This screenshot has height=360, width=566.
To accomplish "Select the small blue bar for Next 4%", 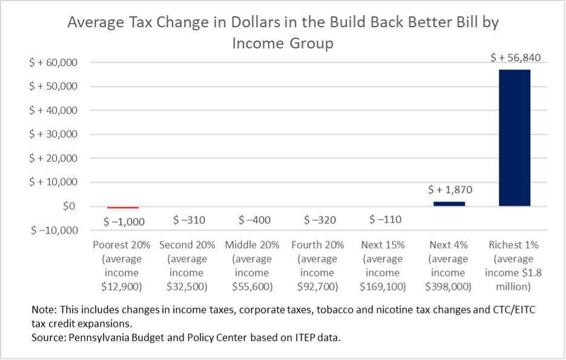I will (x=449, y=204).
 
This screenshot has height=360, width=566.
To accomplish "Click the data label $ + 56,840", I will (x=515, y=58).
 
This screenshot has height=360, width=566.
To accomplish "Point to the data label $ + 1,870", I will (x=449, y=190).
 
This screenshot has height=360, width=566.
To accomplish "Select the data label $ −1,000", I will (x=124, y=221).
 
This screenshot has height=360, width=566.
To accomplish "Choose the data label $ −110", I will (x=384, y=220).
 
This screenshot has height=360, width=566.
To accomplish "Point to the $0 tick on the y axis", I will (x=68, y=206).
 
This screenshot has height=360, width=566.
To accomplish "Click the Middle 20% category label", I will (x=252, y=245).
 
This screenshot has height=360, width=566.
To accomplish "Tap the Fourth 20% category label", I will (x=318, y=245).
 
